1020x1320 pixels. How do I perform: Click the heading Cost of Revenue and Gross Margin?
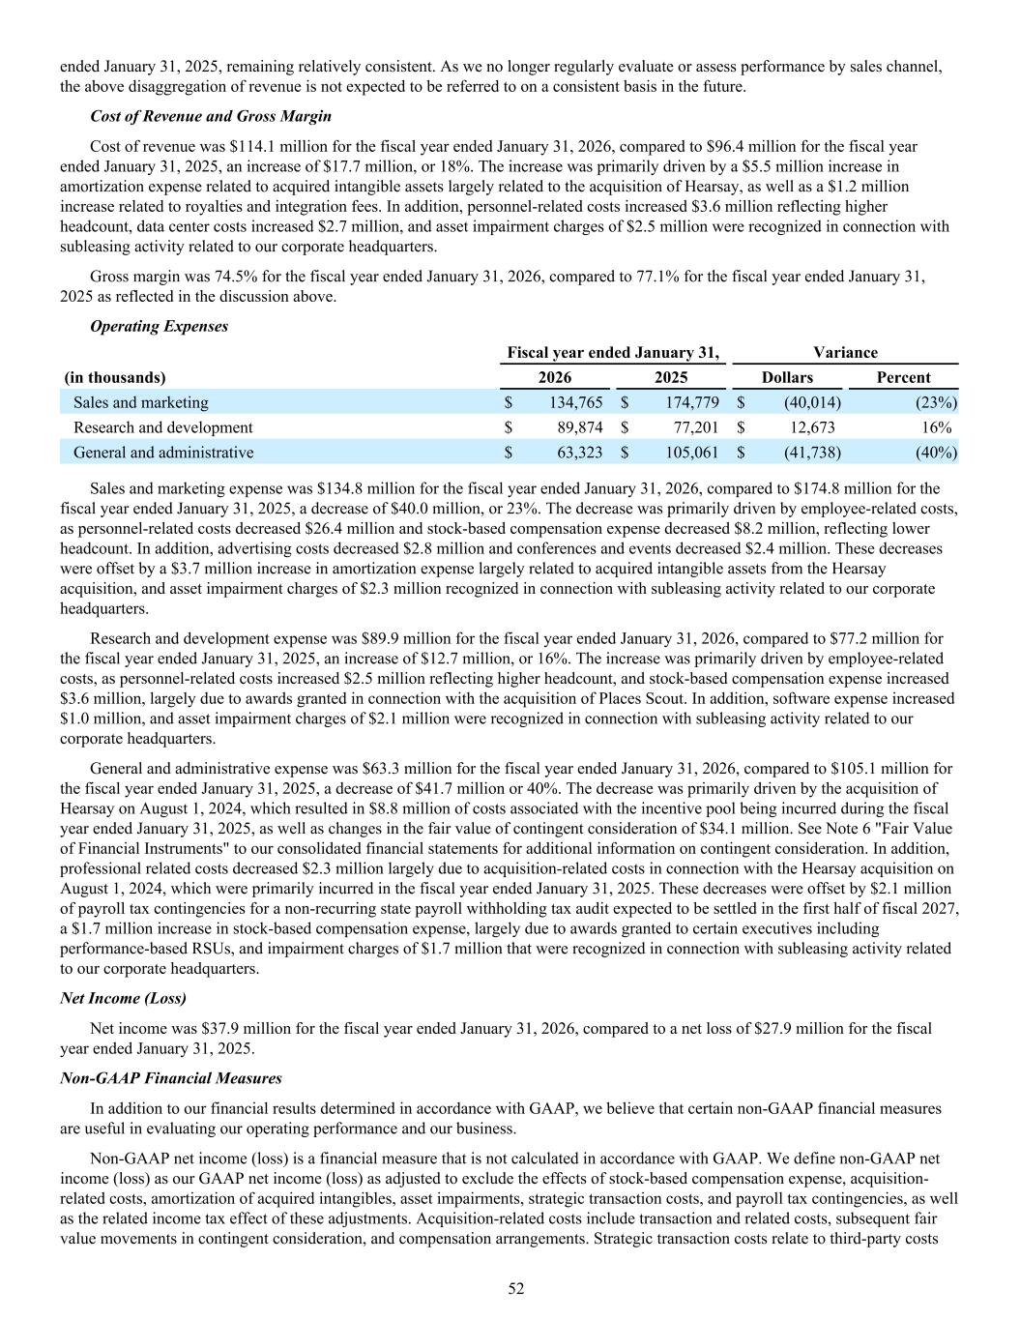pos(211,116)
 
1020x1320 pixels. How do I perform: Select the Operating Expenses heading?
pos(160,327)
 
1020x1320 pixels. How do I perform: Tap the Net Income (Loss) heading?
pos(123,997)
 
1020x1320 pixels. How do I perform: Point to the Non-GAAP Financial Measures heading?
pos(171,1078)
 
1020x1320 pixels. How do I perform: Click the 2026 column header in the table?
pos(554,378)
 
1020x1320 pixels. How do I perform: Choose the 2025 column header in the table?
pos(671,378)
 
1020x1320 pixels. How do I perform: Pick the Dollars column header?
pos(787,378)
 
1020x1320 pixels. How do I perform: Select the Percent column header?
pos(903,378)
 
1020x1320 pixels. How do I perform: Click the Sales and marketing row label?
pos(141,402)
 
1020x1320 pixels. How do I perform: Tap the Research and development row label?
pos(163,427)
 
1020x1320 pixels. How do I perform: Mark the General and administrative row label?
pos(163,453)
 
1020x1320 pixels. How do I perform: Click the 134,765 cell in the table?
pos(576,402)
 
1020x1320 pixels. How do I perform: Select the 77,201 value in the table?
pos(692,427)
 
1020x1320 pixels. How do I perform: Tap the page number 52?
pos(516,1289)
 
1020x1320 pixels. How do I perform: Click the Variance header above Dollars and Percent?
pos(845,353)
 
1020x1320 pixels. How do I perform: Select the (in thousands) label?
pos(115,378)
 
